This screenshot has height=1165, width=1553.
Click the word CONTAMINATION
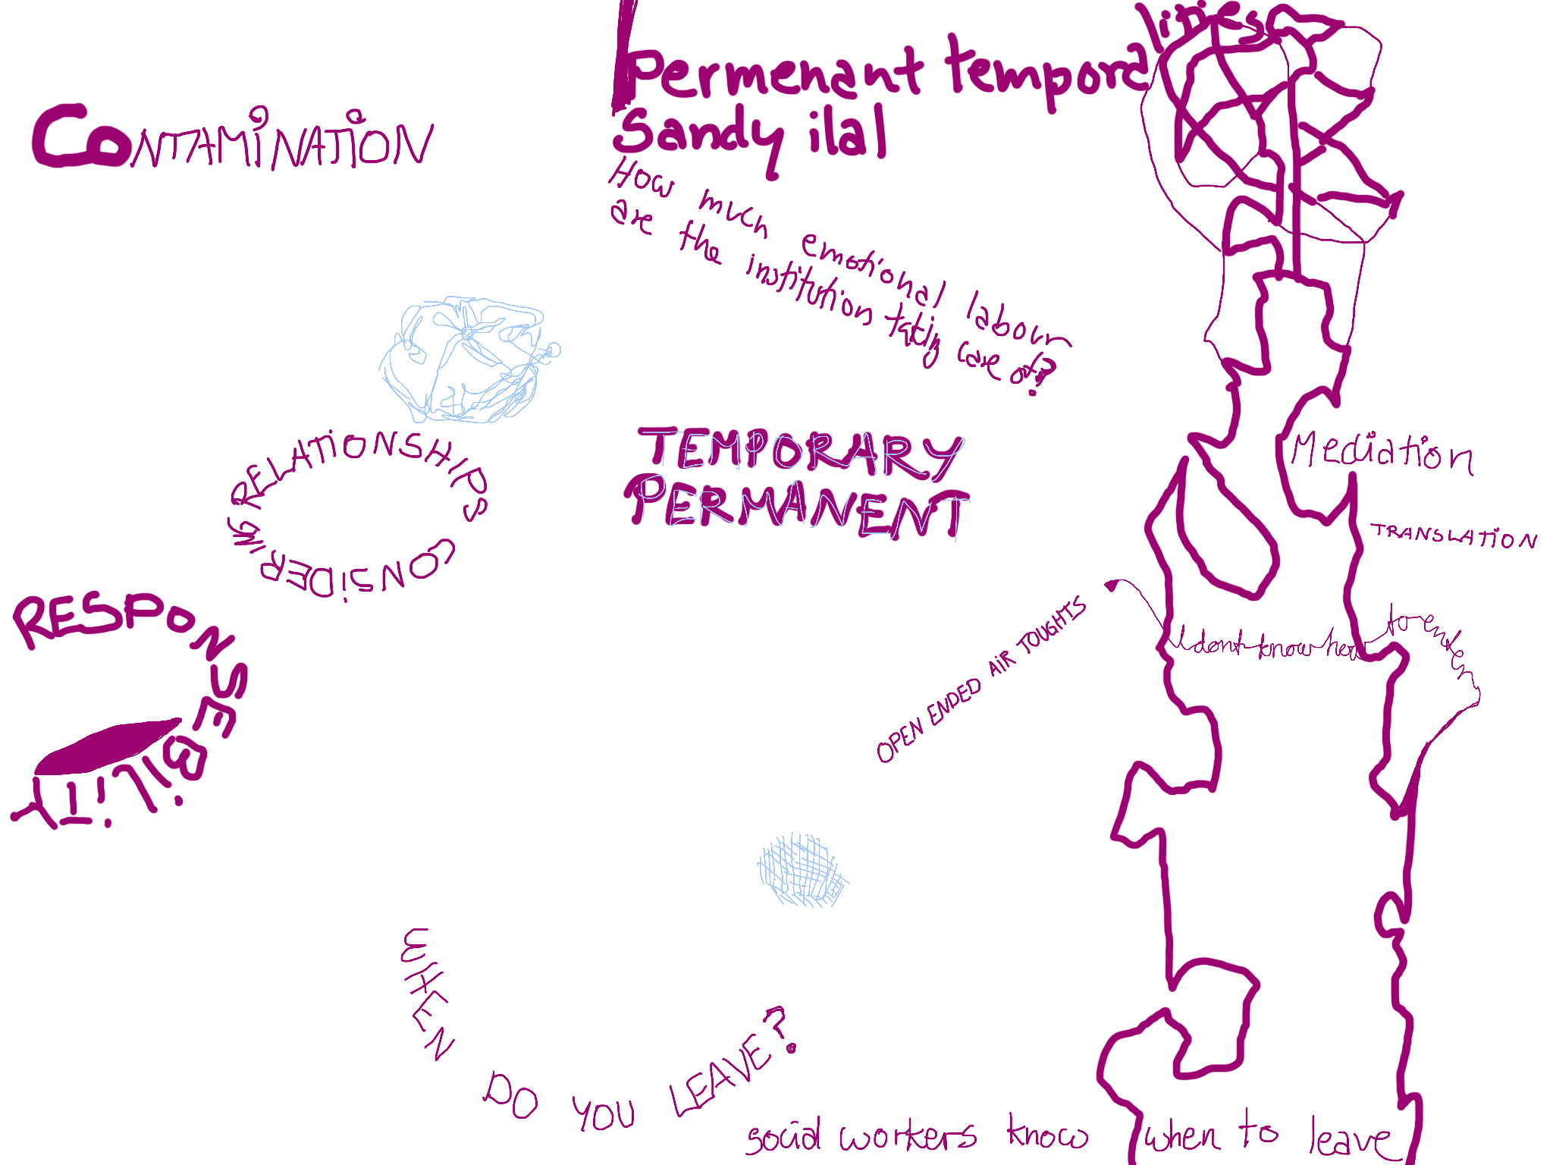[x=231, y=140]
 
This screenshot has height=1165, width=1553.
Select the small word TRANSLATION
[x=1453, y=536]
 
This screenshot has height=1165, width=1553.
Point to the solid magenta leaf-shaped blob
[x=106, y=747]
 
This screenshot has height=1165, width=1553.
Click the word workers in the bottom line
[x=907, y=1136]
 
